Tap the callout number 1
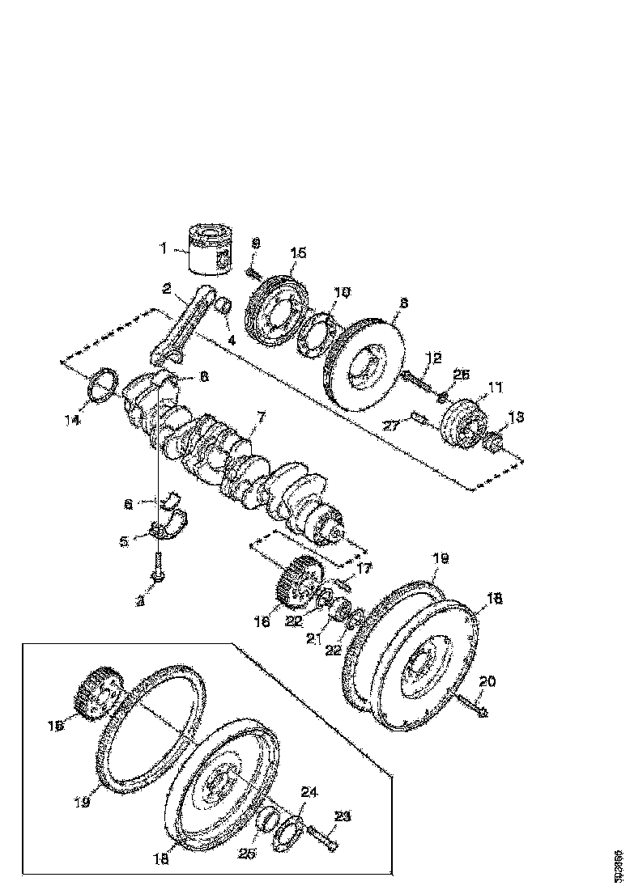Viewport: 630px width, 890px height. point(163,248)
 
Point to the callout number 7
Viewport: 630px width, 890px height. point(261,417)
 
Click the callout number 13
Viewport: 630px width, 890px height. point(517,417)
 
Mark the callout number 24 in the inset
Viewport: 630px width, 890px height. point(310,792)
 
